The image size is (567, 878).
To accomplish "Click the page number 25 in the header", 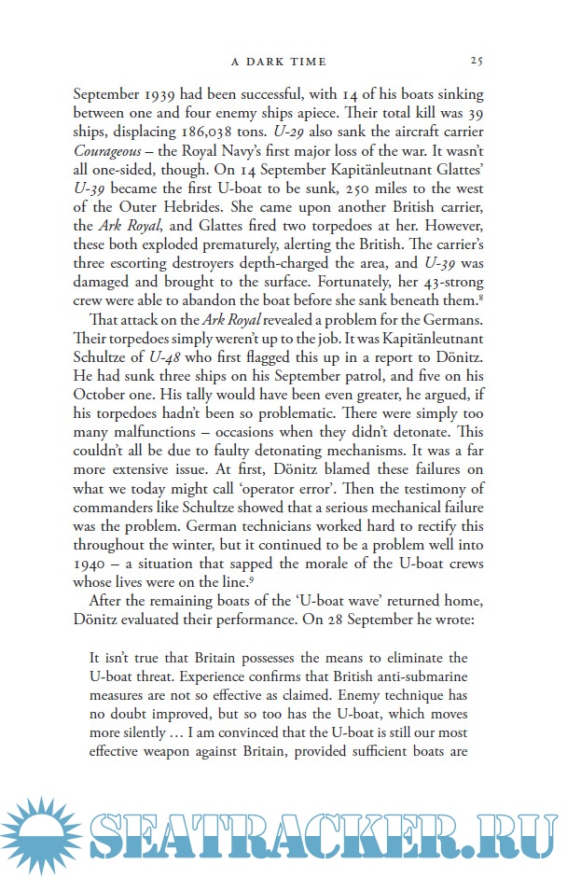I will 476,61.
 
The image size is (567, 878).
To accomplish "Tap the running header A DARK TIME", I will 278,61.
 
